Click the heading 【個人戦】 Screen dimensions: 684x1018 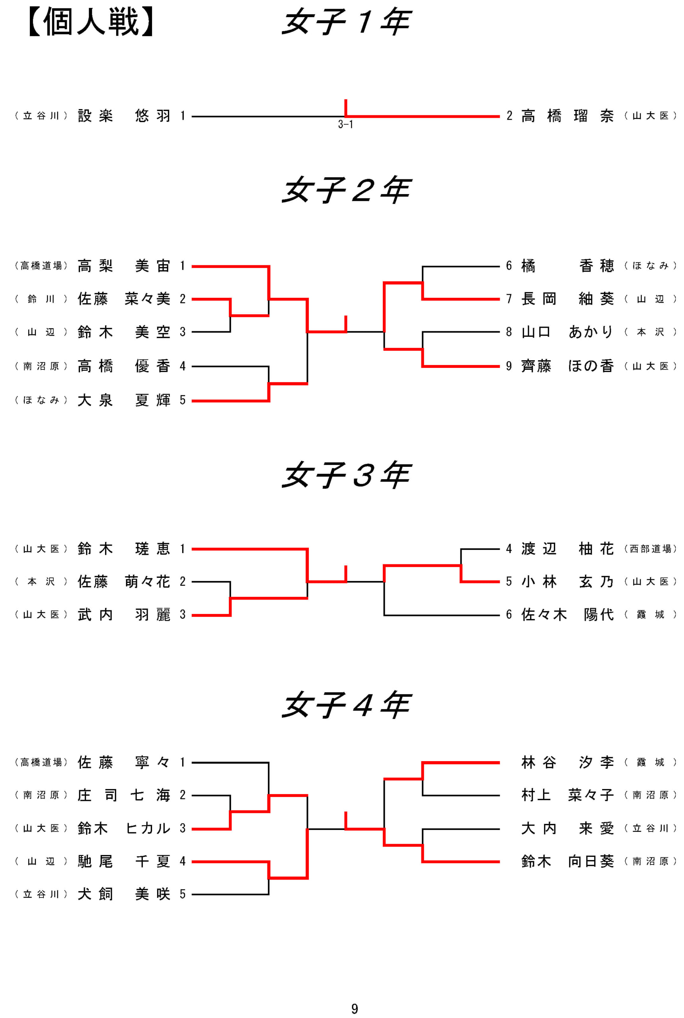click(x=91, y=22)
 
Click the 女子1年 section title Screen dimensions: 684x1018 click(x=346, y=22)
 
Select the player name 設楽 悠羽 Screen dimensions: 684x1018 click(x=124, y=116)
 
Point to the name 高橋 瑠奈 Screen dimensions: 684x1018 click(x=567, y=116)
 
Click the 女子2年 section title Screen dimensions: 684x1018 click(x=346, y=190)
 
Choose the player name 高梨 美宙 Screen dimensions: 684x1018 click(x=124, y=266)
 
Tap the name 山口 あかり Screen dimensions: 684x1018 click(x=567, y=332)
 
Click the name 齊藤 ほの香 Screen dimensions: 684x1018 click(x=567, y=366)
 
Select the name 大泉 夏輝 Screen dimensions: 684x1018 click(x=124, y=400)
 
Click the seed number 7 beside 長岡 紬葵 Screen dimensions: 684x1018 click(x=509, y=299)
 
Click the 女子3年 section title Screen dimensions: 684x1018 click(x=346, y=474)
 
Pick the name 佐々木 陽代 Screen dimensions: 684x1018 click(x=567, y=615)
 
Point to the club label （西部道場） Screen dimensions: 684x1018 click(x=651, y=549)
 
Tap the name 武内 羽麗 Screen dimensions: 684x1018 click(x=124, y=615)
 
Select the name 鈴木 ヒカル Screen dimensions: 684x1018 click(x=124, y=828)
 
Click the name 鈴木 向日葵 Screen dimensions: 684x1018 click(x=567, y=861)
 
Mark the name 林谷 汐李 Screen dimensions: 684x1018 click(x=567, y=762)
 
